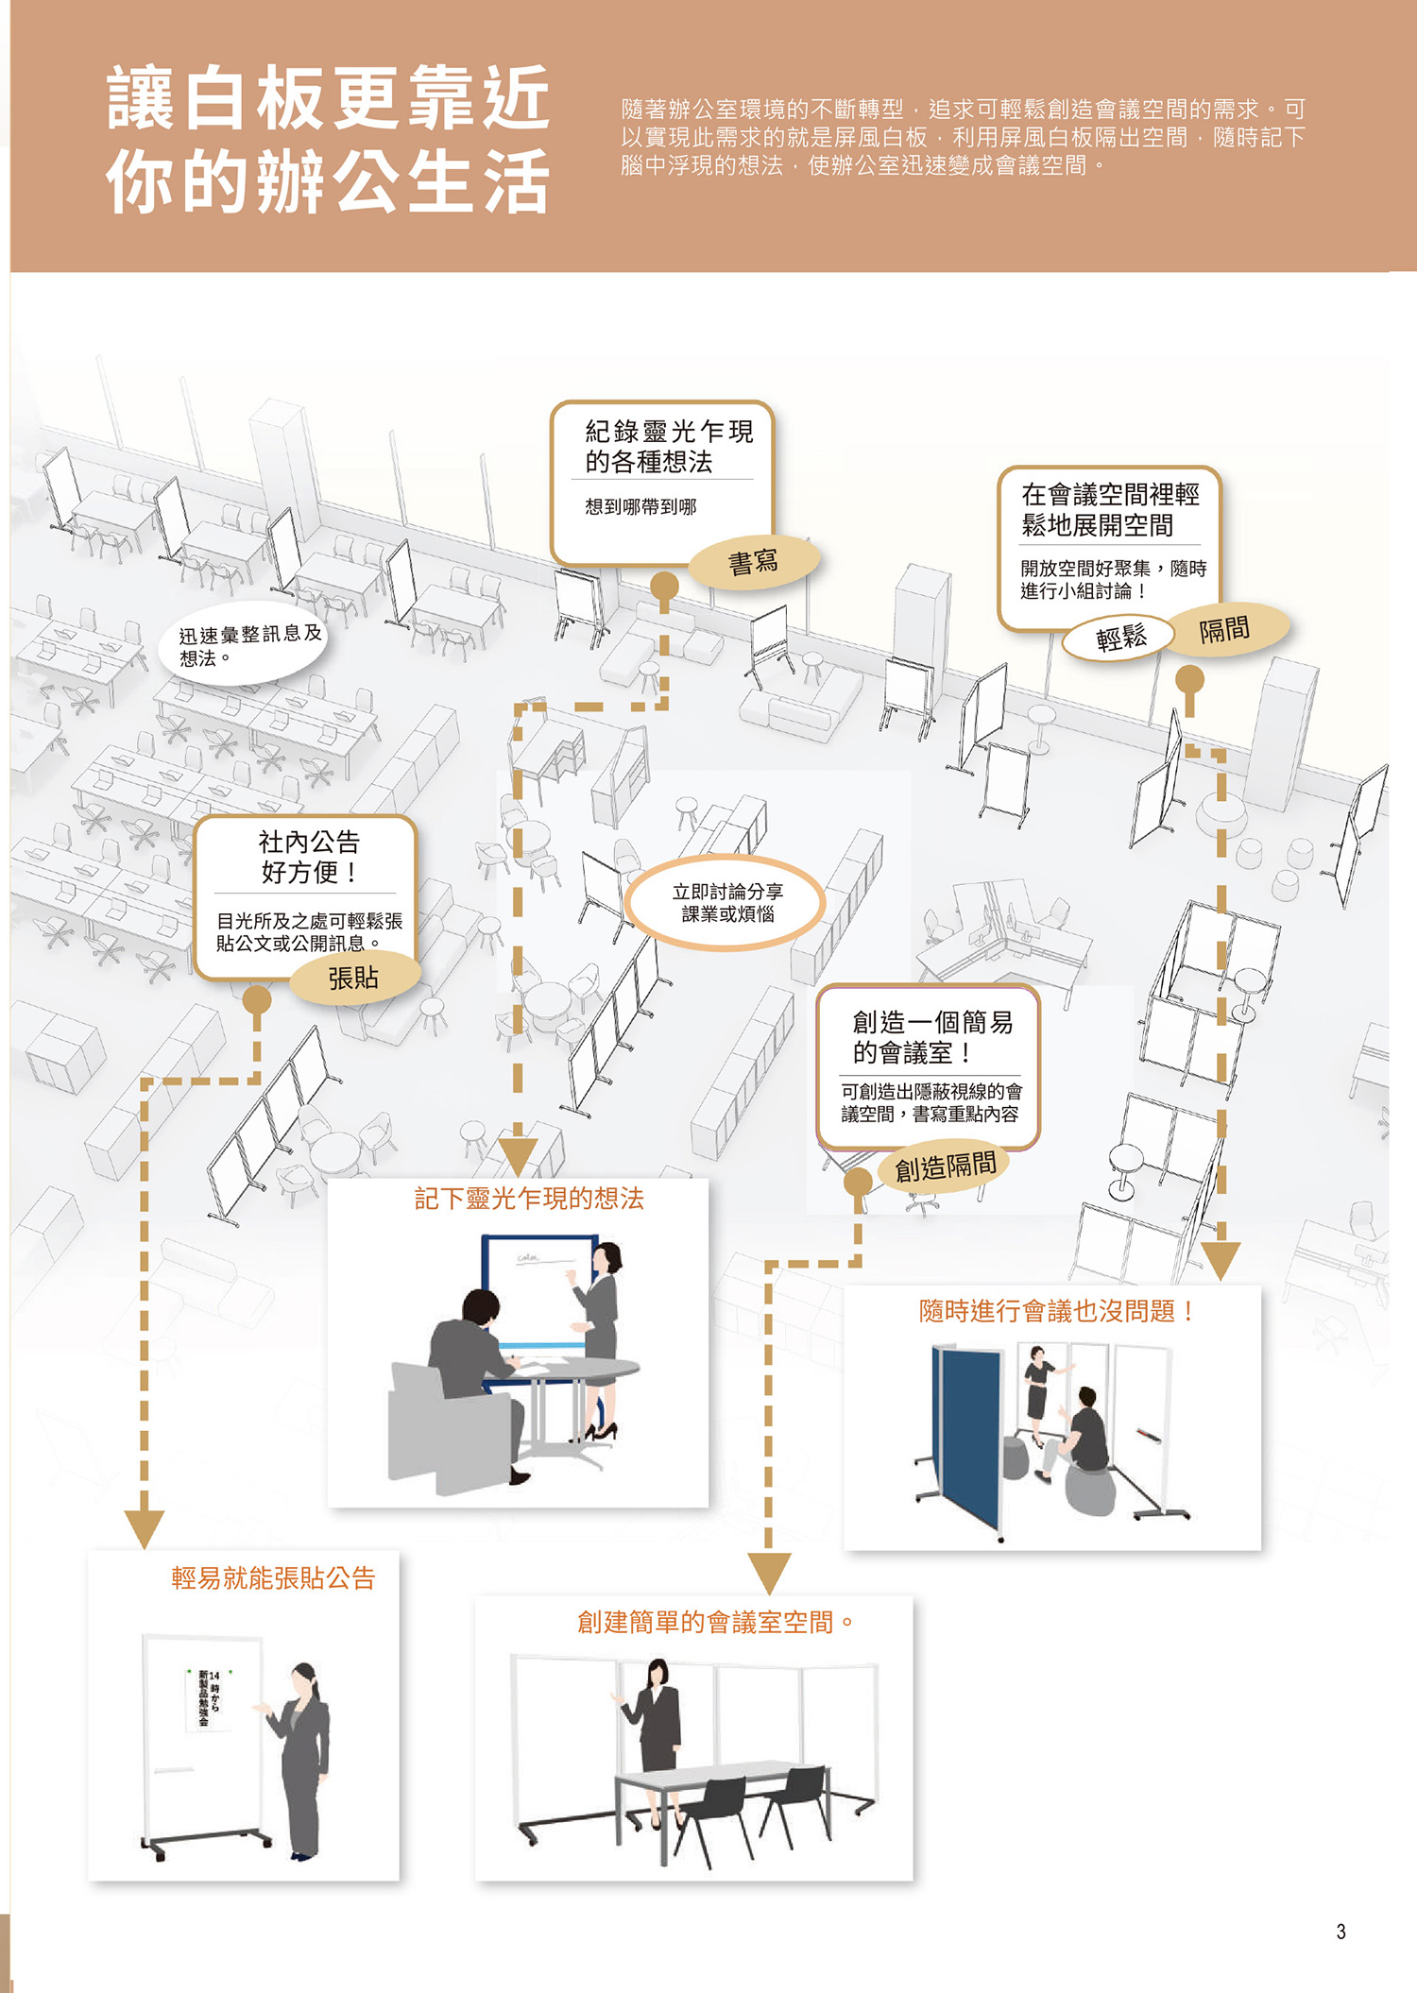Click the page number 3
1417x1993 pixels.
[1340, 1932]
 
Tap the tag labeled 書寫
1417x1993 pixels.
[754, 563]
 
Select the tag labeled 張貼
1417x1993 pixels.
[353, 978]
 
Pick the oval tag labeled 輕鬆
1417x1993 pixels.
[1120, 639]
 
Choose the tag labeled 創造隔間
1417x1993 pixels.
[945, 1167]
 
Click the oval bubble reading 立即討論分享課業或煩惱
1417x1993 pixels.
[726, 903]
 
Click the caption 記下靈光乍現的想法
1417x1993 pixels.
[529, 1199]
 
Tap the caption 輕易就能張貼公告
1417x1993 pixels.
[273, 1578]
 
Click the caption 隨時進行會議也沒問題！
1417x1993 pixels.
[1056, 1311]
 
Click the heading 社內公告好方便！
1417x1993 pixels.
[310, 857]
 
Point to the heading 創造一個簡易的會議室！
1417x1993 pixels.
[932, 1037]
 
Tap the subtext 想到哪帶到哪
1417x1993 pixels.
[640, 507]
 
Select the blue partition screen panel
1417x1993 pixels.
[967, 1436]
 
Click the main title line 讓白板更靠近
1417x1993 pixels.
[329, 98]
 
